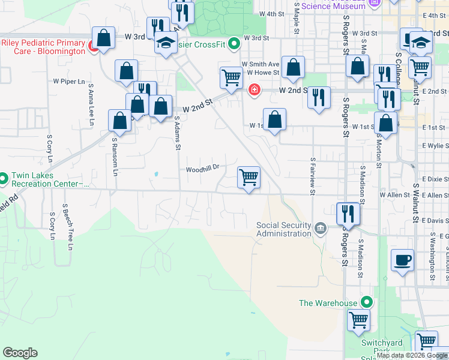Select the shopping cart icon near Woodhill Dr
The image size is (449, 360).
tap(249, 178)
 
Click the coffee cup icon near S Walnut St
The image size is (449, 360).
tap(402, 261)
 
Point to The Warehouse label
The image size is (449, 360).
tap(328, 303)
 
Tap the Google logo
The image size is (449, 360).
tap(20, 353)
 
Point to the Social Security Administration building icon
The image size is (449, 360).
tap(321, 229)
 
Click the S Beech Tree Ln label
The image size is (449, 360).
tap(70, 231)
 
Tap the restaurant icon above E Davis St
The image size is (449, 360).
tap(348, 213)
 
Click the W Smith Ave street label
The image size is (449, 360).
tap(261, 64)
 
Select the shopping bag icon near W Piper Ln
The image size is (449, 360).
tap(127, 71)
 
